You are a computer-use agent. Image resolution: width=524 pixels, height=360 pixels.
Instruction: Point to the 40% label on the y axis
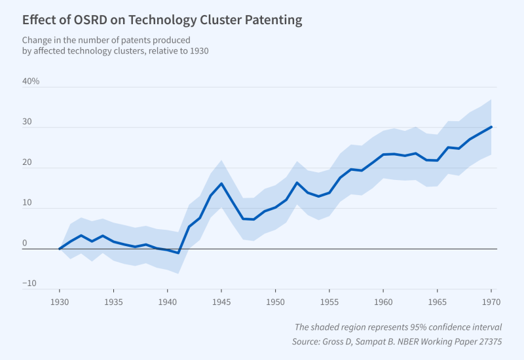tap(31, 82)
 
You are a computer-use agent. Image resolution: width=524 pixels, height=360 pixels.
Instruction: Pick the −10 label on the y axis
tap(29, 284)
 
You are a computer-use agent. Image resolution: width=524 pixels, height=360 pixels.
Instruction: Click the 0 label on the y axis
tap(25, 243)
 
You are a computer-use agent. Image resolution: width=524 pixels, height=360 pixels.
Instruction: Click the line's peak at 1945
tap(221, 183)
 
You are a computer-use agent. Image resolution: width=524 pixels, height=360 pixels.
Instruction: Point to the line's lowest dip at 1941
tap(178, 253)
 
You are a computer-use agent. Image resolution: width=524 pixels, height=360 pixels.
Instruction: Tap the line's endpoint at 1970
tap(491, 127)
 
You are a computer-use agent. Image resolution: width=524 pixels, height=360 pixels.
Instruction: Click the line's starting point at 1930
tap(60, 249)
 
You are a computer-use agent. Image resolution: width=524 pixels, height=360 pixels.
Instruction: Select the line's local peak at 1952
tap(297, 183)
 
